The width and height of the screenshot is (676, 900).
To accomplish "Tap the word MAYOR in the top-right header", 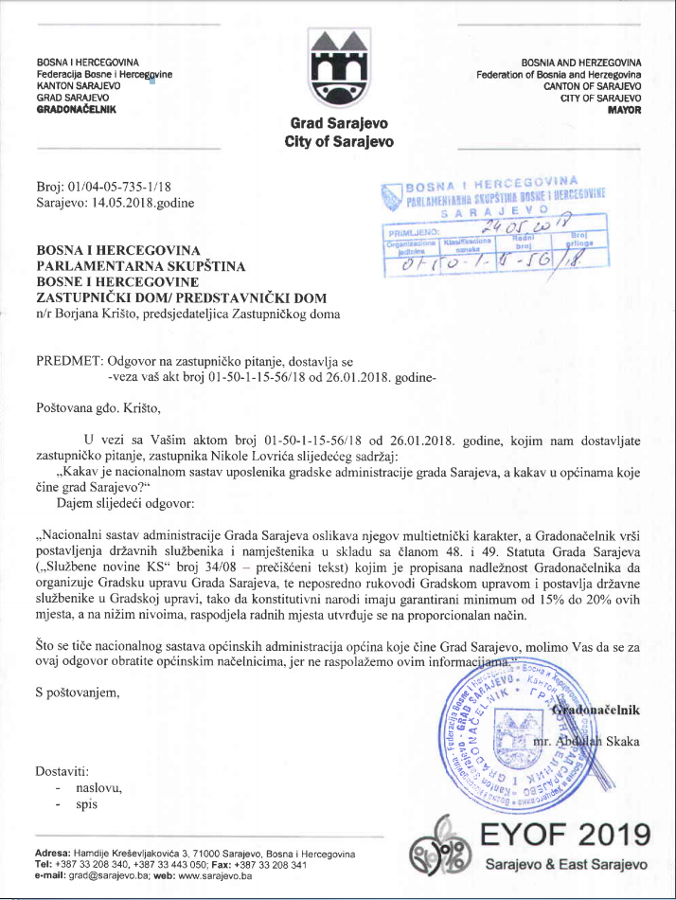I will click(624, 109).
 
